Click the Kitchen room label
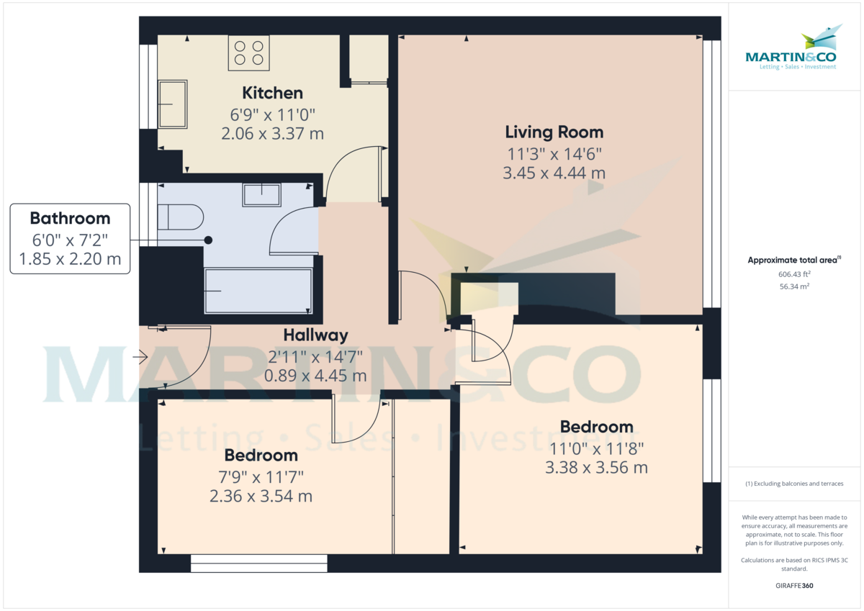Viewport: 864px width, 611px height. [x=272, y=93]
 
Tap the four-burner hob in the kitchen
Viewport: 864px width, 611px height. [x=248, y=53]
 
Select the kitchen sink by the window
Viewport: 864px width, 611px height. [x=172, y=104]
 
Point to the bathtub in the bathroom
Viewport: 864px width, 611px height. [x=258, y=291]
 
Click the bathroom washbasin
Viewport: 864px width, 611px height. [x=261, y=194]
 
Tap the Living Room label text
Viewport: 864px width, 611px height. [x=554, y=132]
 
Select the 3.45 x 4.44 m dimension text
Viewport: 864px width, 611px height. [x=554, y=173]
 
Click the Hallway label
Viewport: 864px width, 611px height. [x=315, y=335]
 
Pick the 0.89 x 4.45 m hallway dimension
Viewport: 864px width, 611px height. [x=315, y=376]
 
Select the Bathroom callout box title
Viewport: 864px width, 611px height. [x=70, y=219]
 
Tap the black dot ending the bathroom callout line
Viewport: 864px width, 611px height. [x=208, y=240]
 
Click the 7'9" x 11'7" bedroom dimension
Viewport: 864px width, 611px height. [x=261, y=476]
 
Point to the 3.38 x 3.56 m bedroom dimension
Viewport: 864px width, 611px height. [x=596, y=468]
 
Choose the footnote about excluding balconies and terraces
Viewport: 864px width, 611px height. [x=794, y=484]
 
